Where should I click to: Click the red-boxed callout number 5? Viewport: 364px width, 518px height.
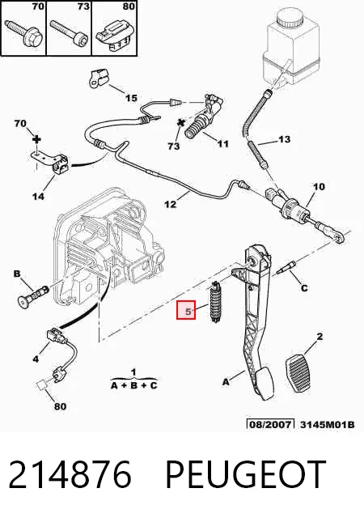coord(188,311)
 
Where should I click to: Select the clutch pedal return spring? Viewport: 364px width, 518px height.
coord(216,302)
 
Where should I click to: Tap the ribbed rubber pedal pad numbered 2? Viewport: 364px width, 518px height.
coord(300,372)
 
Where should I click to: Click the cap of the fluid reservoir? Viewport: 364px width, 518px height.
coord(290,18)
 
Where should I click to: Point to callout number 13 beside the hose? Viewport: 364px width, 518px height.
coord(285,139)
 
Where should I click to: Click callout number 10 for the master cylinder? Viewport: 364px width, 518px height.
coord(319,187)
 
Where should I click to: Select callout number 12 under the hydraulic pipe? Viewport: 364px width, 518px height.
coord(171,204)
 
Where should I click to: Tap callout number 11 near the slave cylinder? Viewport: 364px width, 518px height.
coord(223,144)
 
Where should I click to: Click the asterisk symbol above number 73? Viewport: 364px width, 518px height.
coord(181,123)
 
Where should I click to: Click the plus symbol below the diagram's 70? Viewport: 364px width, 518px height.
coord(37,139)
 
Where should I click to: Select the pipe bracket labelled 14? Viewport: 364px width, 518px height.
coord(49,163)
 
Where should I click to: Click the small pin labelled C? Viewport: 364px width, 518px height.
coord(286,268)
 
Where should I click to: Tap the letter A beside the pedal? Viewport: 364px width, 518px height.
coord(226,382)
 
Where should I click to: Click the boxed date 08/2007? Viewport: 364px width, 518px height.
coord(270,424)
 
